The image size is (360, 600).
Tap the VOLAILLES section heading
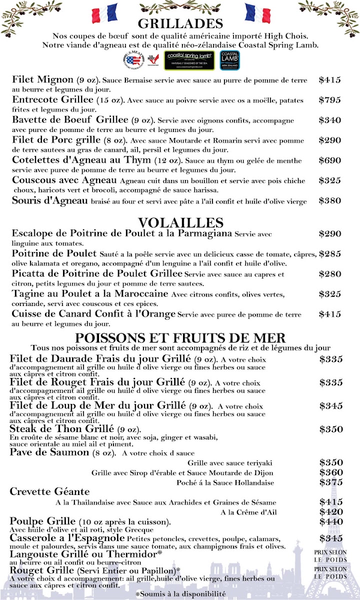[180, 222]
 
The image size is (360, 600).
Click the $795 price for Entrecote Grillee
[329, 99]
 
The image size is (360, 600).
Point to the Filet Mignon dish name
[42, 80]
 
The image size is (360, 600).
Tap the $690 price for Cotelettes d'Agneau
[329, 160]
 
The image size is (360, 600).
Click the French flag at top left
[105, 13]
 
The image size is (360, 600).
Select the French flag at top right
[257, 13]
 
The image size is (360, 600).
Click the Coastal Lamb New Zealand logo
[230, 60]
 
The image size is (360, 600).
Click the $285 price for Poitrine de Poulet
[329, 253]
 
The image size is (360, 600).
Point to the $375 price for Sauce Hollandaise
[331, 482]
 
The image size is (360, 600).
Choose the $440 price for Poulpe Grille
[331, 521]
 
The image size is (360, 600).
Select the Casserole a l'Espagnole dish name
[67, 538]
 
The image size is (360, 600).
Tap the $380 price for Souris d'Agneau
[329, 200]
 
